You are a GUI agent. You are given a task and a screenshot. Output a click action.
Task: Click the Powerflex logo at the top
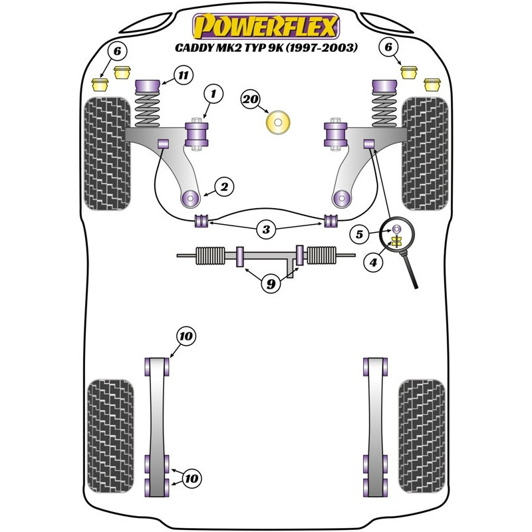click(266, 26)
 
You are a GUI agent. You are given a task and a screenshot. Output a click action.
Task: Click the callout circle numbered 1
click(213, 94)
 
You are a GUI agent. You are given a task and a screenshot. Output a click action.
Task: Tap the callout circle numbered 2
click(224, 187)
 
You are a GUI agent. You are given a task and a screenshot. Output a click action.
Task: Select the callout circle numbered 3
click(266, 229)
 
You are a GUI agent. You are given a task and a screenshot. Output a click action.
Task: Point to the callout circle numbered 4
click(373, 262)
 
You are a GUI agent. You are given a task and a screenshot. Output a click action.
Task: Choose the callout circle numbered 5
click(359, 234)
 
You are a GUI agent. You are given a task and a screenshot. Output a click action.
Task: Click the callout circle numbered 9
click(271, 284)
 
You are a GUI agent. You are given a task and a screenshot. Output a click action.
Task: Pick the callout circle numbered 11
click(184, 75)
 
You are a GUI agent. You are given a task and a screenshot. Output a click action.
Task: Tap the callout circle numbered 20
click(251, 99)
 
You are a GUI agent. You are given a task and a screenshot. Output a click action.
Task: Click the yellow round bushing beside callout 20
click(278, 122)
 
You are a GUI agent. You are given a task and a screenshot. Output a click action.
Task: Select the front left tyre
click(107, 154)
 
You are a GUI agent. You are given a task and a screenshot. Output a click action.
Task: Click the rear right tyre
click(422, 436)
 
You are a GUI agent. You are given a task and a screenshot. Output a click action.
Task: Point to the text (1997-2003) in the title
click(322, 47)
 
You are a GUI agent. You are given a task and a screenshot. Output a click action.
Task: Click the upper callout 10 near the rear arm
click(186, 336)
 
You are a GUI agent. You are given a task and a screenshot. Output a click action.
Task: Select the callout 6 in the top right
click(389, 47)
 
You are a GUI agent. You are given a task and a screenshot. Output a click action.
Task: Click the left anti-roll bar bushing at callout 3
click(201, 221)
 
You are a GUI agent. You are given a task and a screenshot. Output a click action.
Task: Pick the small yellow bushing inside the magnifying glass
click(396, 241)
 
